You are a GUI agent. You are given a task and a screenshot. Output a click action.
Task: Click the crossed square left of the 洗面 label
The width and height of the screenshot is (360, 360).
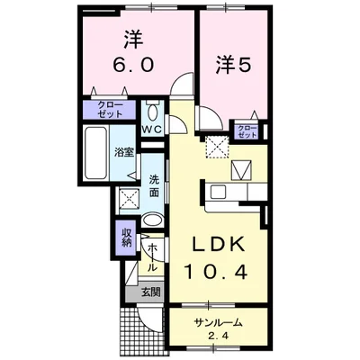tap(130, 198)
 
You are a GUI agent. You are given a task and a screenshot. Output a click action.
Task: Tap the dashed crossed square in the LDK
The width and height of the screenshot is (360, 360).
tap(217, 147)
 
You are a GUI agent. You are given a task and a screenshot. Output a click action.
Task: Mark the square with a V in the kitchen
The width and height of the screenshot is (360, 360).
tap(242, 169)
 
